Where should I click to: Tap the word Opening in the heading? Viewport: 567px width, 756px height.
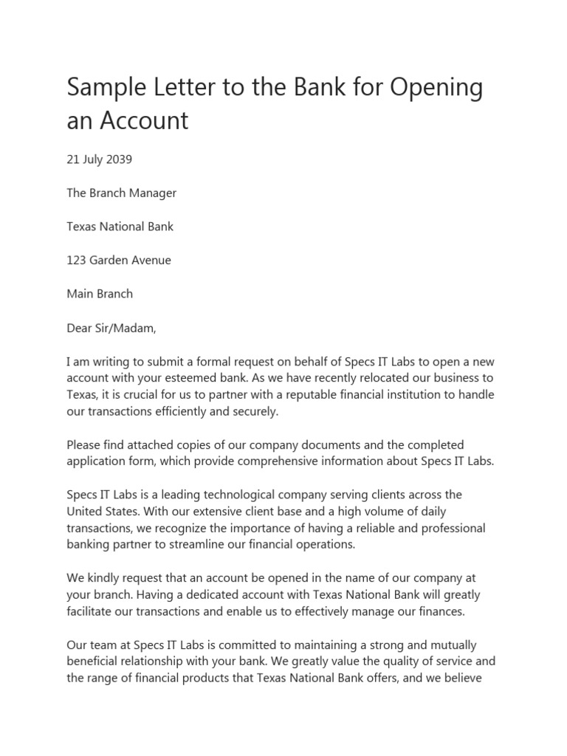[x=436, y=88]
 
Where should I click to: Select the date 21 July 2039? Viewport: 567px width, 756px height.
[x=100, y=159]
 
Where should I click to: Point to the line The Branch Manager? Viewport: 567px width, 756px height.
[x=122, y=193]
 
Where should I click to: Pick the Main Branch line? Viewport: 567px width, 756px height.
[x=100, y=293]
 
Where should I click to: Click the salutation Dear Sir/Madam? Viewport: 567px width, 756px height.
[x=111, y=327]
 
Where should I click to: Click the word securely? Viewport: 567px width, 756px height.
[x=255, y=412]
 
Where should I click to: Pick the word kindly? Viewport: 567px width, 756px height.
[x=106, y=578]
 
